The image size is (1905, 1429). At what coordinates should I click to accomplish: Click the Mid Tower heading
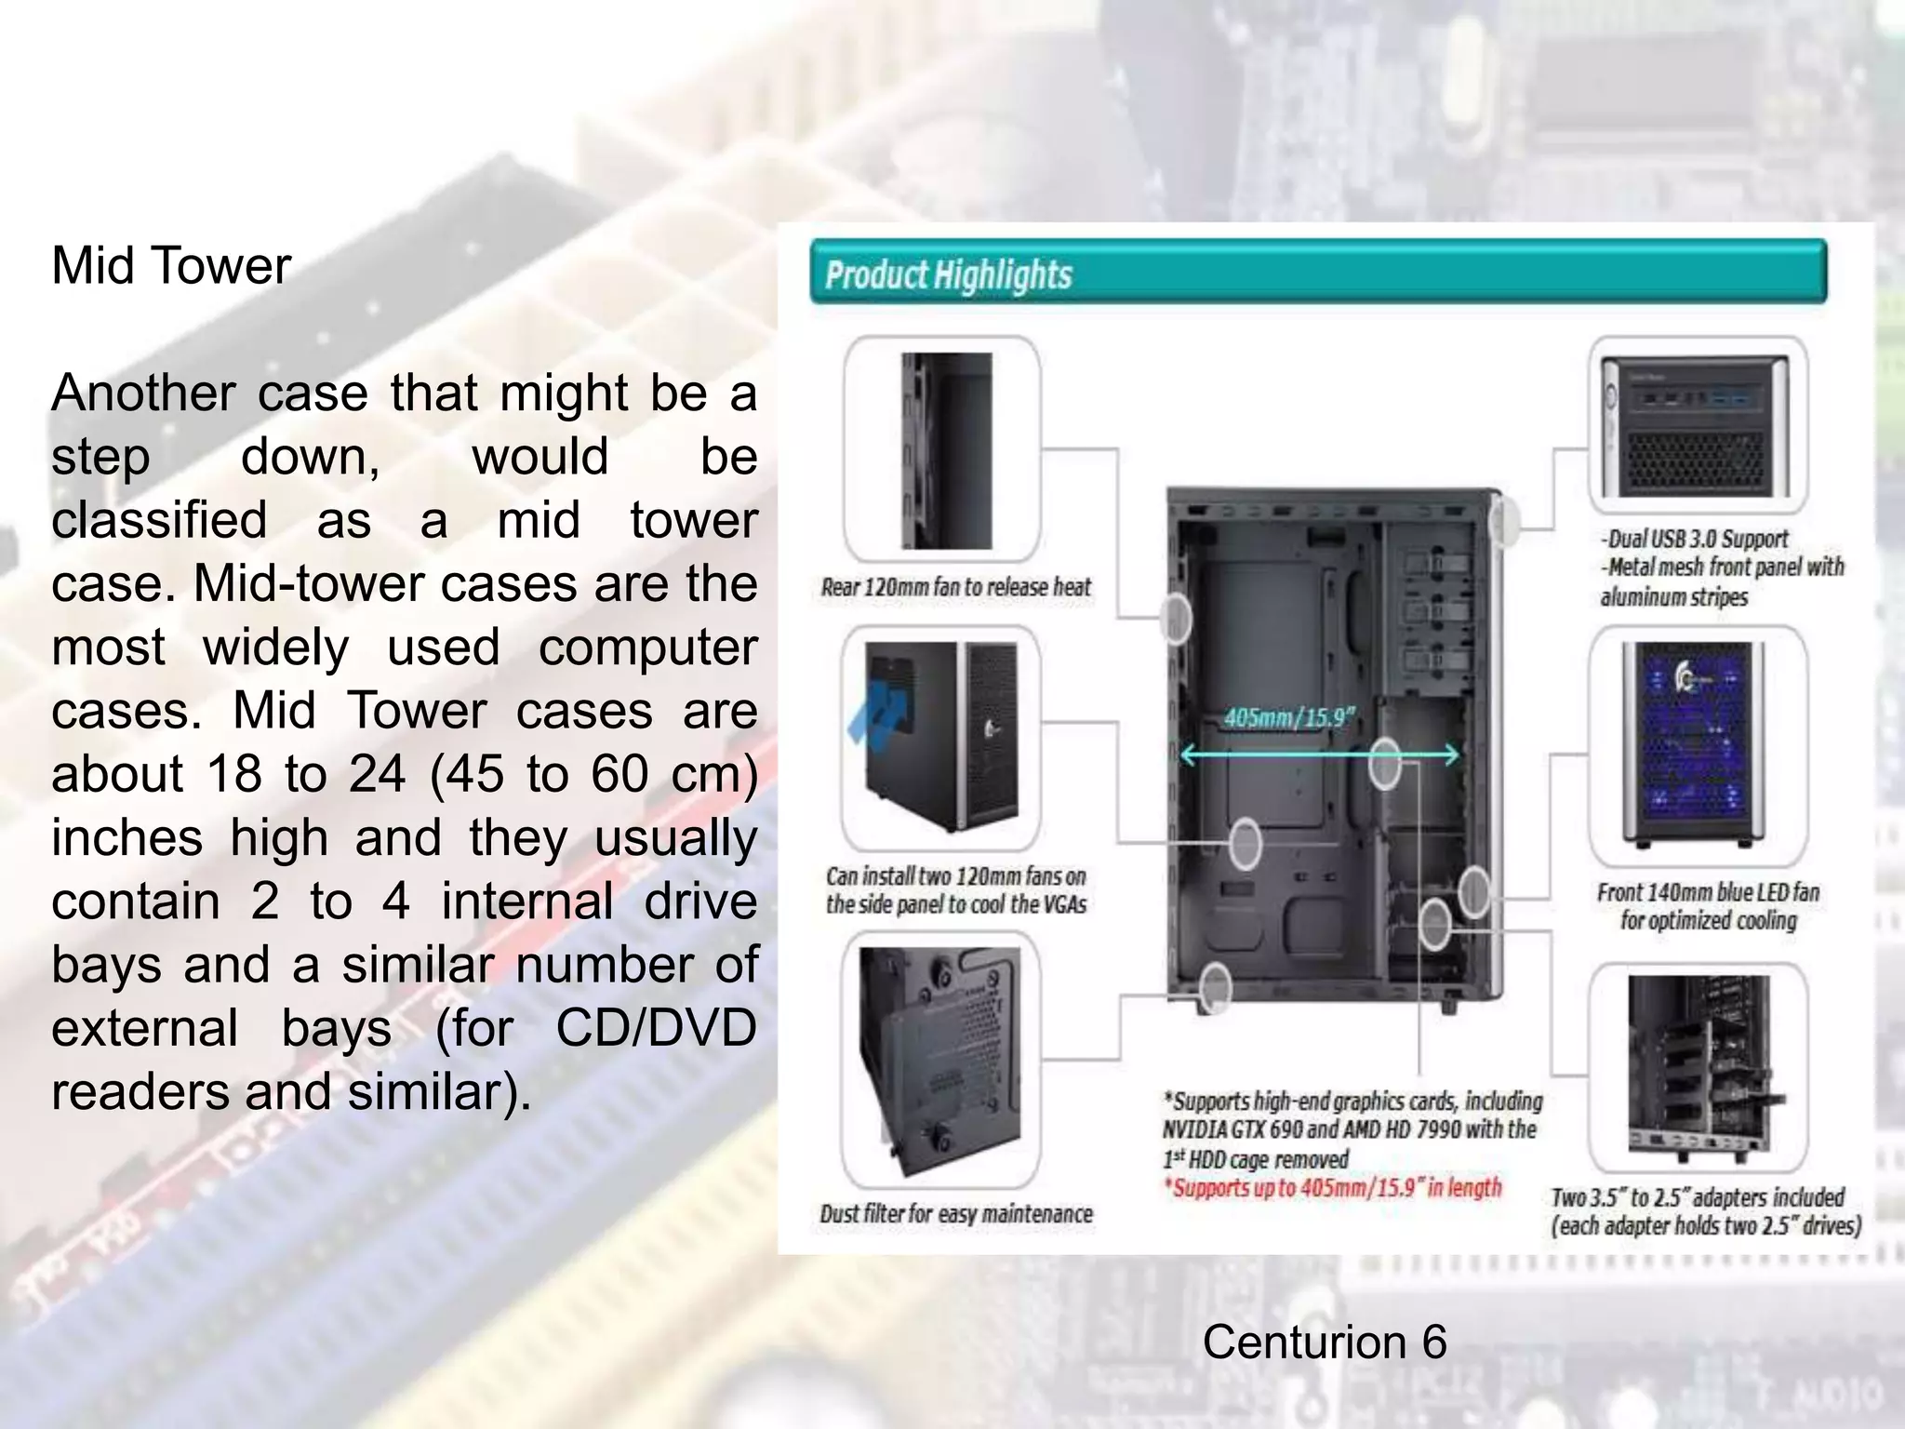171,266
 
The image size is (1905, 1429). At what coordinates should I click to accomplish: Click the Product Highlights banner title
949,275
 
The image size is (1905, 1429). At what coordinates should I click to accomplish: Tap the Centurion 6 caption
1324,1342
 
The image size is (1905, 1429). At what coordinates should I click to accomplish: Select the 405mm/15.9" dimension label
1289,717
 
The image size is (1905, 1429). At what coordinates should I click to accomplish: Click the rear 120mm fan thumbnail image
946,451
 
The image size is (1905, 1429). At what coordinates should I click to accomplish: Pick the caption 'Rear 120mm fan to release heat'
955,587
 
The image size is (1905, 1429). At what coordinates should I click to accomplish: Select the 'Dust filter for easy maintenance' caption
955,1214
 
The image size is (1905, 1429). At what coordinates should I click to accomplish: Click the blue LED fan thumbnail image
1699,741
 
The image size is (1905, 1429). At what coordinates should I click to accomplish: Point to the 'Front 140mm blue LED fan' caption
1708,892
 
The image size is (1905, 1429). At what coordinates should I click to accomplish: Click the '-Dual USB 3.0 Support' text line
1694,539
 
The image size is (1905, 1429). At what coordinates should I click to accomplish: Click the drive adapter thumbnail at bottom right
1699,1068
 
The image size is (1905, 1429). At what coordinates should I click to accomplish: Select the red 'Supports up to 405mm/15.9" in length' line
1332,1188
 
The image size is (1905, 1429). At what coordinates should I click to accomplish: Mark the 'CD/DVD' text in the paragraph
656,1028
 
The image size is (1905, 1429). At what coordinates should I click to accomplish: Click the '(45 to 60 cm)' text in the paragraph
593,774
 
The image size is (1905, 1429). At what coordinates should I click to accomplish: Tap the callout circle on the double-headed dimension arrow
1385,762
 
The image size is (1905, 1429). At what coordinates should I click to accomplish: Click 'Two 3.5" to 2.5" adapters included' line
1697,1197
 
